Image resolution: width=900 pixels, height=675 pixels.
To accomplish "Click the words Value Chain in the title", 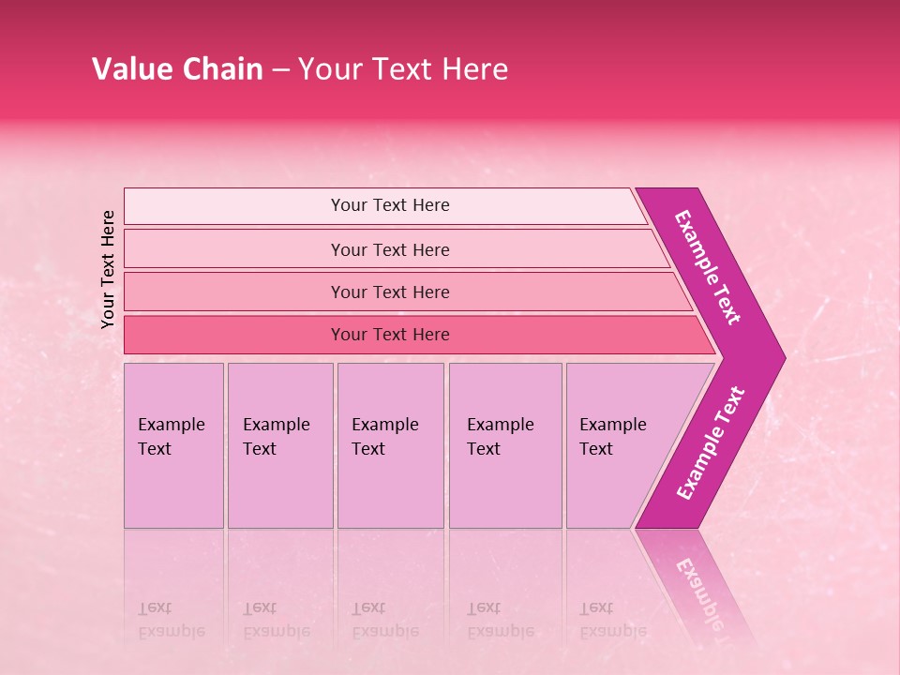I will [177, 69].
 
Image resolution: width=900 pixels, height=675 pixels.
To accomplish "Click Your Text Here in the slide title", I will [403, 69].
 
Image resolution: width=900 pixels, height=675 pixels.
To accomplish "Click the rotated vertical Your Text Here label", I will [108, 269].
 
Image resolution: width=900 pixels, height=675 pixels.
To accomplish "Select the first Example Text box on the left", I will [173, 445].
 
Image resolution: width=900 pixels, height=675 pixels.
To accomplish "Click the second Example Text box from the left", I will [279, 445].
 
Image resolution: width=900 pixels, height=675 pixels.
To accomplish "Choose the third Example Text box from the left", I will [390, 445].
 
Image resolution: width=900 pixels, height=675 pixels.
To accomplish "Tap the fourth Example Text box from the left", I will [504, 445].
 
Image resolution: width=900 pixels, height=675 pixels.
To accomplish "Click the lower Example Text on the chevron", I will [711, 443].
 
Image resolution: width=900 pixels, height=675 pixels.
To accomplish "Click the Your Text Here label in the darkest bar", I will [390, 335].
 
